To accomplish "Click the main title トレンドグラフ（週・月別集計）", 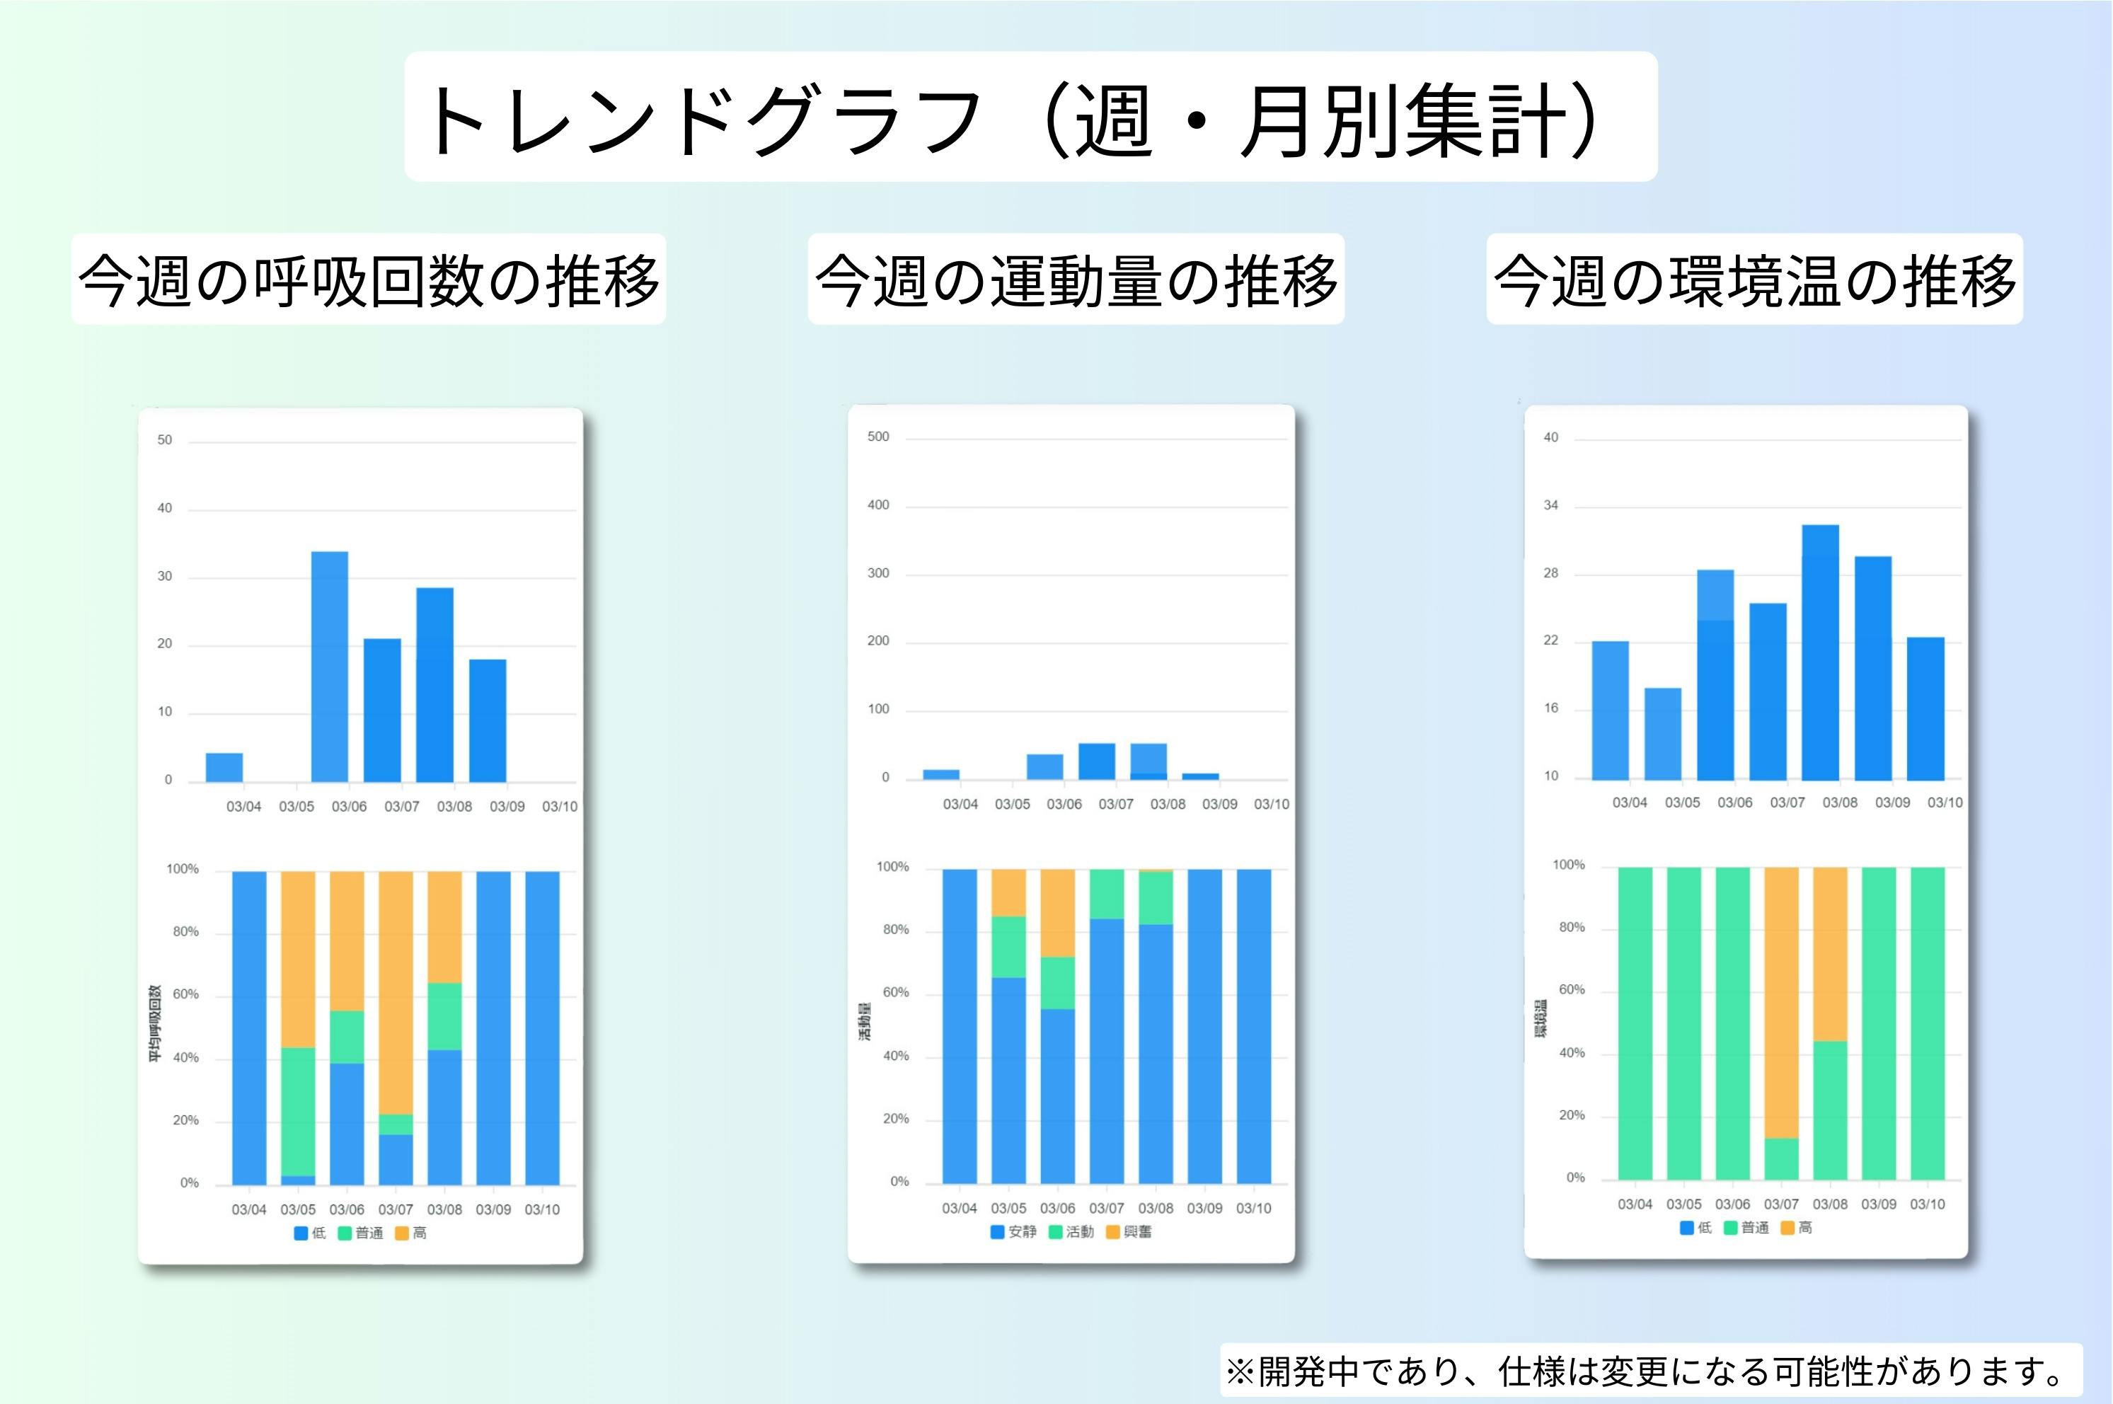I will pyautogui.click(x=1030, y=117).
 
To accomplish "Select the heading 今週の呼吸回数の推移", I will pyautogui.click(x=368, y=280).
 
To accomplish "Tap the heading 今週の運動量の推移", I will pyautogui.click(x=1076, y=280).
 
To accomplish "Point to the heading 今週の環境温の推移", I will pyautogui.click(x=1754, y=280).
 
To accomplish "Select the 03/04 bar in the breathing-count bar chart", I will pyautogui.click(x=224, y=767).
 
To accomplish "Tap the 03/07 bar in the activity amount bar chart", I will pyautogui.click(x=1097, y=761).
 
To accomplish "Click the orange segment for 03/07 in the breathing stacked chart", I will pyautogui.click(x=396, y=992).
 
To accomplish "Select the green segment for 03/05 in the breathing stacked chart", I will pyautogui.click(x=298, y=1111).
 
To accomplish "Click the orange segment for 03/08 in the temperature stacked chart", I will pyautogui.click(x=1830, y=954).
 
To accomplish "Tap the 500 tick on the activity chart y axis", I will pyautogui.click(x=878, y=437).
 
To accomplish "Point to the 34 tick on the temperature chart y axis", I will pyautogui.click(x=1550, y=506).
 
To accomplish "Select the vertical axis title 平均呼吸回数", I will pyautogui.click(x=155, y=1025).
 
